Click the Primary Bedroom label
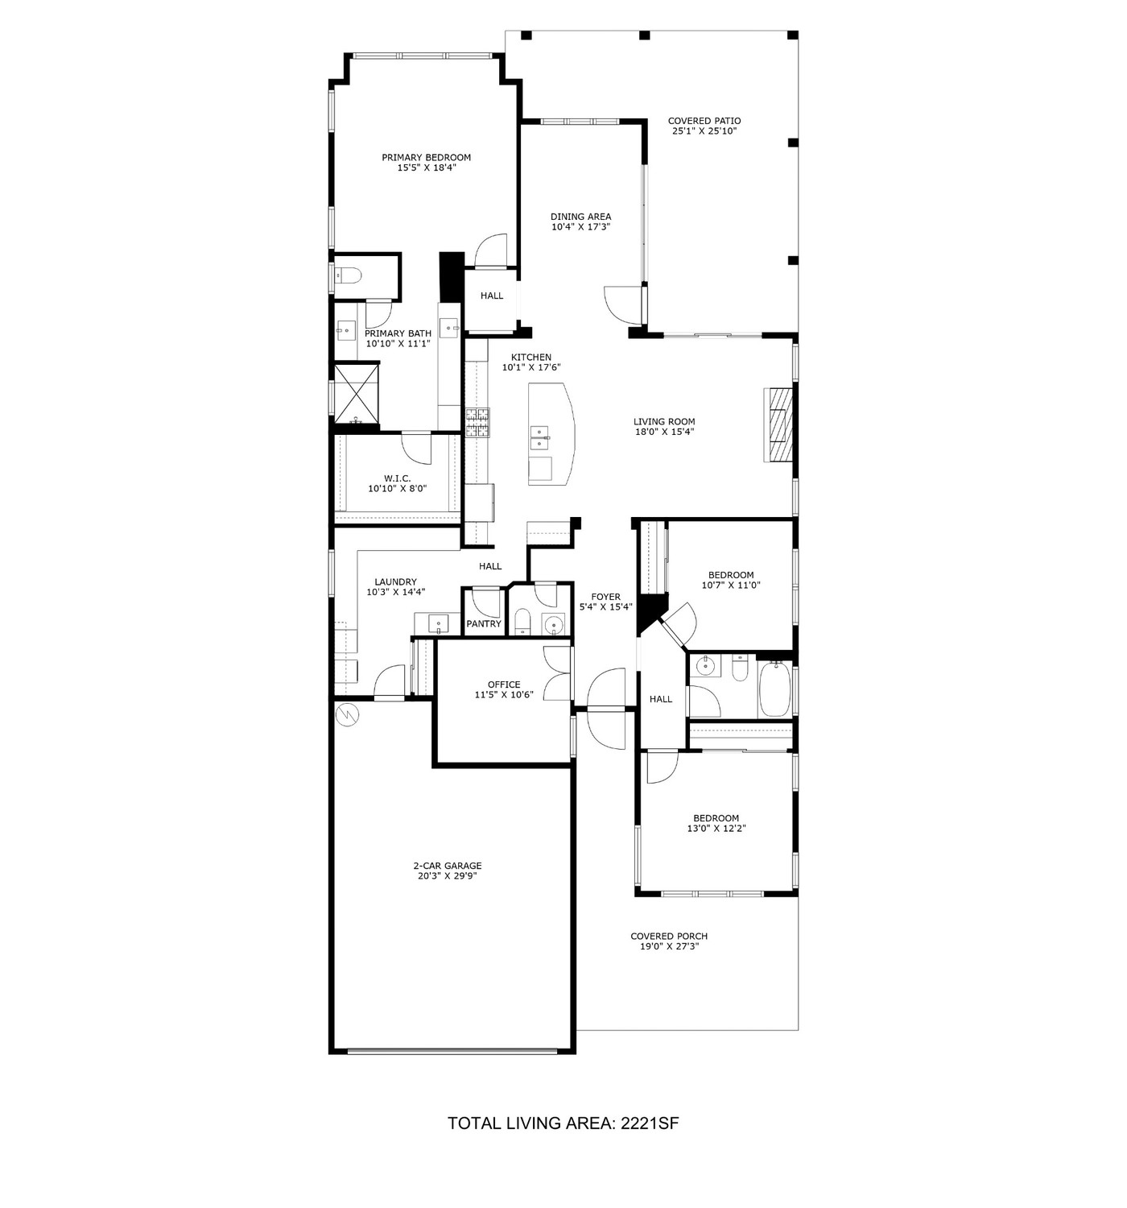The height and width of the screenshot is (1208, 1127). (x=426, y=158)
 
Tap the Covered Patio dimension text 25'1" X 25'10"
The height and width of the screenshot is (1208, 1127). (x=704, y=130)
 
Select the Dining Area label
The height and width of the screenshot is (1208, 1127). (x=580, y=217)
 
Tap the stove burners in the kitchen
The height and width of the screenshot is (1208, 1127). (x=478, y=422)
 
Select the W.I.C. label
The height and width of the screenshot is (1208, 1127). (x=397, y=478)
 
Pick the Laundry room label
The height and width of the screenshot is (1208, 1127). (x=395, y=582)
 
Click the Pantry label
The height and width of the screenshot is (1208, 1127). (x=484, y=623)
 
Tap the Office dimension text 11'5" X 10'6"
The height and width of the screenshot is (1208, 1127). (x=504, y=695)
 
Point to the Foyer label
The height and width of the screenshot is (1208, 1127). (x=605, y=597)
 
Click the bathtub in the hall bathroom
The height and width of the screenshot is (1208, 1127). (x=774, y=689)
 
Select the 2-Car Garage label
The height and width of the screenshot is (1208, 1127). (x=447, y=866)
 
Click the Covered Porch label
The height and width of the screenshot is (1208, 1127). (x=669, y=936)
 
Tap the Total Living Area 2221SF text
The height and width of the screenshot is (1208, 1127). (x=563, y=1123)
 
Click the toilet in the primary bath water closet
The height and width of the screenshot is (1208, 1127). (x=348, y=276)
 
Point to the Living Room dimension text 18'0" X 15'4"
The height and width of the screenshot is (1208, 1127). (x=664, y=432)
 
